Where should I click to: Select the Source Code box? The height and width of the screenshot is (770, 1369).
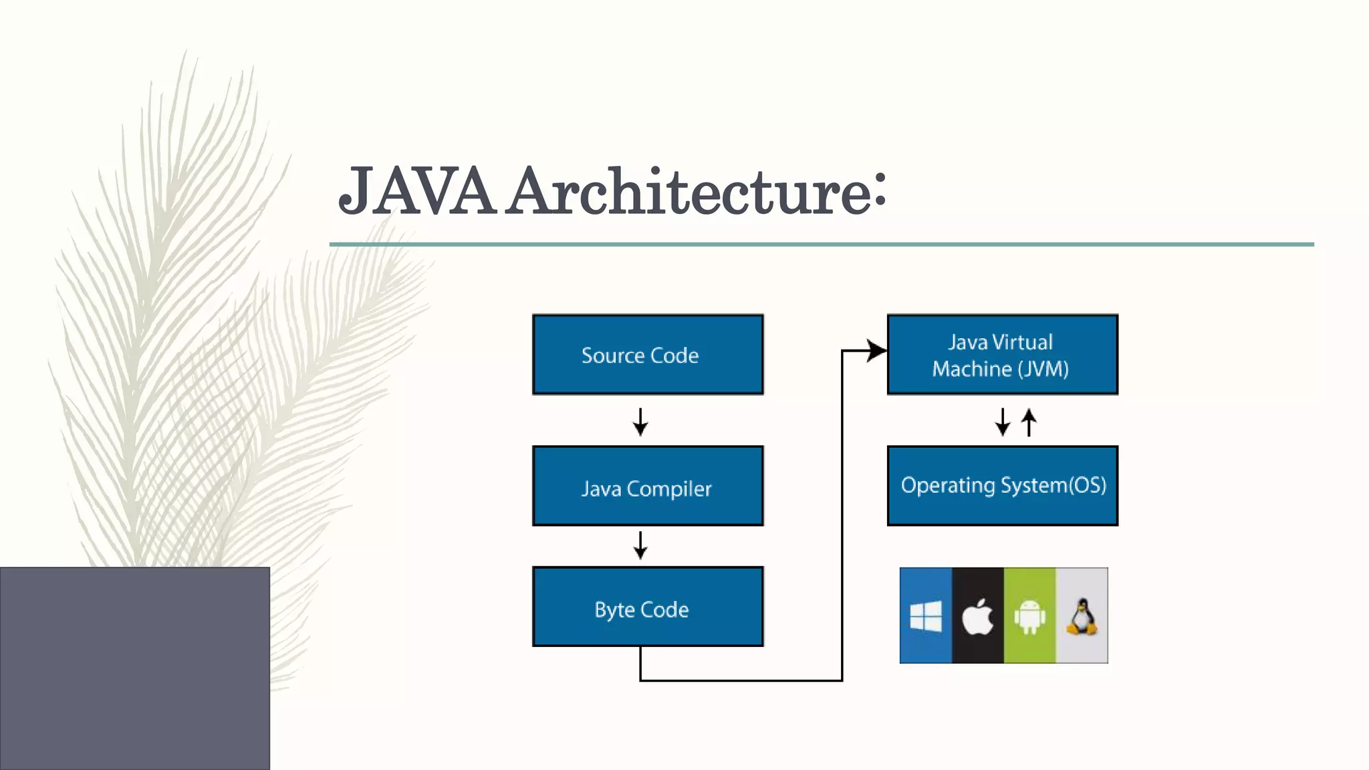tap(647, 355)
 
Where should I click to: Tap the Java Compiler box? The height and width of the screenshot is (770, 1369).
tap(647, 487)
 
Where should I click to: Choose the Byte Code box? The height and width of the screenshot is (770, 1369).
tap(647, 607)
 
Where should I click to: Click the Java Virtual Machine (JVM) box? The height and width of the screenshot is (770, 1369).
tap(1001, 355)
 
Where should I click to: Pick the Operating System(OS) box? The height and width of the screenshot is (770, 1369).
tap(1001, 486)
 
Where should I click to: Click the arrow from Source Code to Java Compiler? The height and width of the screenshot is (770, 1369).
tap(640, 422)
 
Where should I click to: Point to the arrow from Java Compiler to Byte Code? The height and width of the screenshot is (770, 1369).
tap(640, 545)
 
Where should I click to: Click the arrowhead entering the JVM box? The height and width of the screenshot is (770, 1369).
tap(876, 350)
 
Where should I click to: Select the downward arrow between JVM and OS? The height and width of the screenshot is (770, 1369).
tap(1002, 422)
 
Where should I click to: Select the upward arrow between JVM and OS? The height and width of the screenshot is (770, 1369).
tap(1029, 422)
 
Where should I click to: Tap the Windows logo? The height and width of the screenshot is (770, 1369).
tap(926, 616)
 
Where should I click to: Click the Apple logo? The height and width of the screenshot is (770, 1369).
tap(977, 616)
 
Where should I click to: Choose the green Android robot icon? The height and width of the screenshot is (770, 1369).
tap(1029, 616)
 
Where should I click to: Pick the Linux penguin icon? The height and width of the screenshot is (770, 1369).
tap(1082, 616)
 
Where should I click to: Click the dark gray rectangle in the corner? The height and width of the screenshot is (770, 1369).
tap(134, 668)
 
